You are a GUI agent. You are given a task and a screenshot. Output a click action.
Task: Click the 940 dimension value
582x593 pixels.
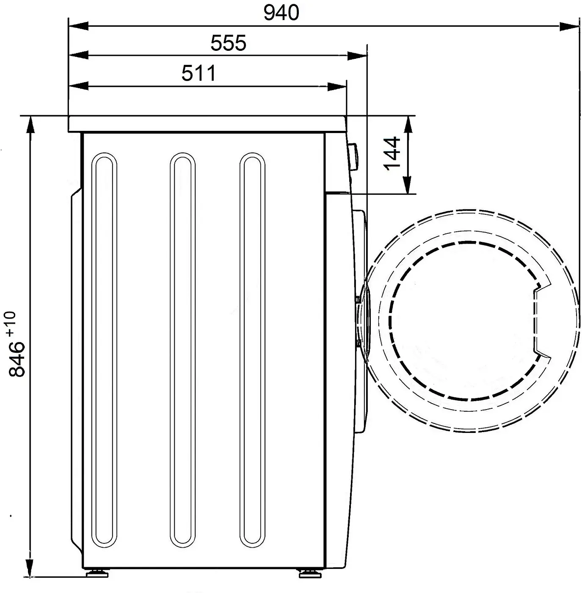(x=281, y=13)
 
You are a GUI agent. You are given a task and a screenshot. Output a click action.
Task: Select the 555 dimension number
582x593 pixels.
(x=228, y=43)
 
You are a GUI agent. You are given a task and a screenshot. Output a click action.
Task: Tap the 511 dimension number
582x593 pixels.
(x=199, y=73)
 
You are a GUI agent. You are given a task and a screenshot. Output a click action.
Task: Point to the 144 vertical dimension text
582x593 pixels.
(x=392, y=153)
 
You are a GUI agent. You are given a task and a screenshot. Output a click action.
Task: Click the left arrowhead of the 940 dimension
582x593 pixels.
(x=78, y=26)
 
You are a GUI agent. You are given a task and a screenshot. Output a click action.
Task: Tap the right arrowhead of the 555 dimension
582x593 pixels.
(x=357, y=56)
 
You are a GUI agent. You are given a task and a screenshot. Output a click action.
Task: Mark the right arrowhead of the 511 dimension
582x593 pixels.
(x=337, y=86)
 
